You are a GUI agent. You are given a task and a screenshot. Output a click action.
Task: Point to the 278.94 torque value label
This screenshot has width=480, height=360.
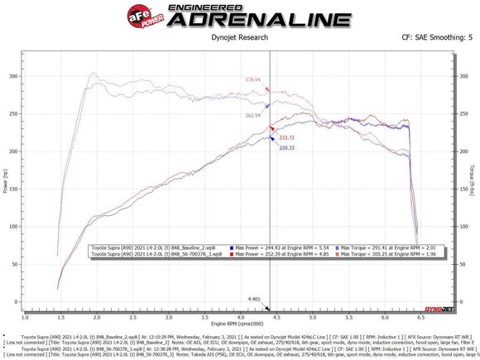[252, 80]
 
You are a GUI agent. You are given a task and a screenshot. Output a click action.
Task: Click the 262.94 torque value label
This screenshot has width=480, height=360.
[252, 116]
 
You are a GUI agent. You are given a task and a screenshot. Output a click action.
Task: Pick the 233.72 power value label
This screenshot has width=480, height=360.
[287, 137]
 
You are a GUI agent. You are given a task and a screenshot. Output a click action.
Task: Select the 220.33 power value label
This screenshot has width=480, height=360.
[287, 148]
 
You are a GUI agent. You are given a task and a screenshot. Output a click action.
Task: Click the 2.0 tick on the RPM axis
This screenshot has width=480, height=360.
[97, 317]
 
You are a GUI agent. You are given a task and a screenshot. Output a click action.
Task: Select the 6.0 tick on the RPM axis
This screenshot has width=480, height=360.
[385, 317]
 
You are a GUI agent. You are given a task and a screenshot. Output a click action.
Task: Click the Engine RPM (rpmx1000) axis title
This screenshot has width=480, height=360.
[239, 324]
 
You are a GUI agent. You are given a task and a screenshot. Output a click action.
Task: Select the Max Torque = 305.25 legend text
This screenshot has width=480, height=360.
[371, 255]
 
